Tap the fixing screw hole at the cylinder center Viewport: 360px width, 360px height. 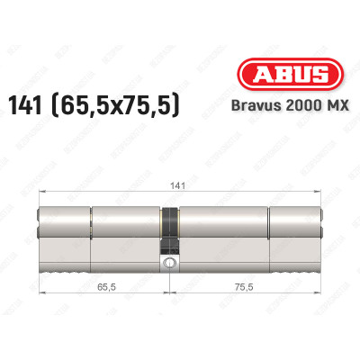(168, 264)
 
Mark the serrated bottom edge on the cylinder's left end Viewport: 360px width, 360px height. (63, 269)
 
